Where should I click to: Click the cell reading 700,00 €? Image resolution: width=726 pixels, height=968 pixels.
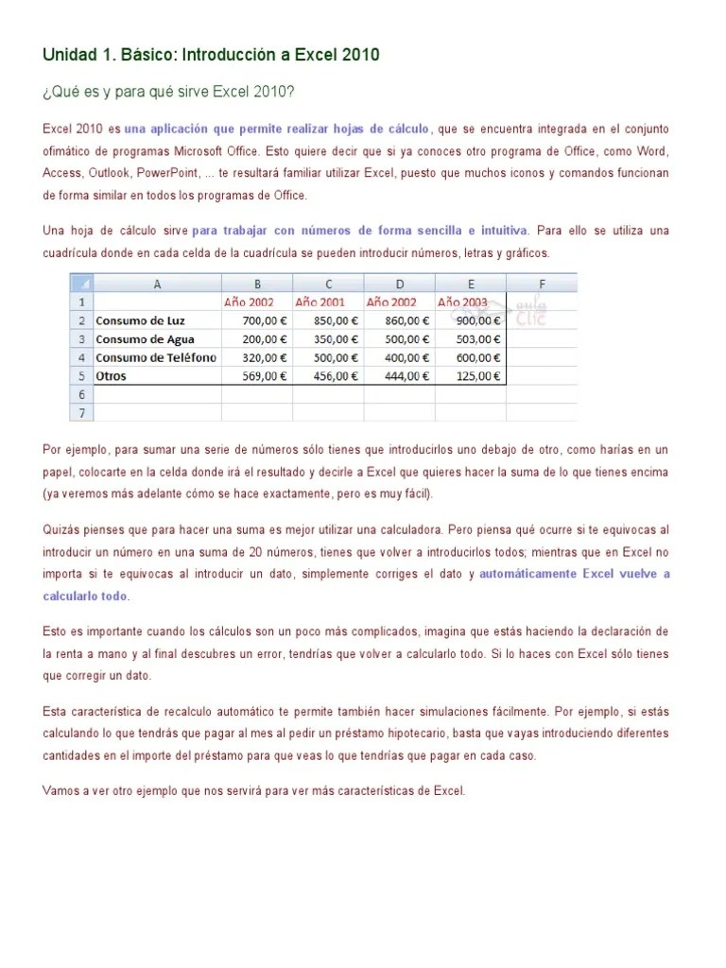click(x=257, y=320)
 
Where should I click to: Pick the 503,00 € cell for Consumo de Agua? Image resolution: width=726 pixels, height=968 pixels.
click(x=471, y=338)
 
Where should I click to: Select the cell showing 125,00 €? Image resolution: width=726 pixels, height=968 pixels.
click(x=471, y=375)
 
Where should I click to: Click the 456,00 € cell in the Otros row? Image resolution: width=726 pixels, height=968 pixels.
click(x=328, y=375)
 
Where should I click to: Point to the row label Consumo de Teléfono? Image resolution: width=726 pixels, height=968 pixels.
click(x=156, y=357)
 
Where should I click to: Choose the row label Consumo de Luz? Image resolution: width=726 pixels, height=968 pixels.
click(x=142, y=320)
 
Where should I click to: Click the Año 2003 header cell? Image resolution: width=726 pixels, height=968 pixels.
click(x=462, y=302)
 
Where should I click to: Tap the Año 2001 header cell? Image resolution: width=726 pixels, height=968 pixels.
click(x=320, y=302)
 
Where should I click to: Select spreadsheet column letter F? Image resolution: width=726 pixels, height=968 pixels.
click(x=542, y=284)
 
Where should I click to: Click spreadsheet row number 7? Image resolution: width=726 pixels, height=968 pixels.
click(x=81, y=412)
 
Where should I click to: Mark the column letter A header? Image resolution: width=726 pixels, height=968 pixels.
click(x=157, y=284)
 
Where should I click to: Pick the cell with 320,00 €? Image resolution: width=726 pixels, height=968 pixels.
click(x=257, y=357)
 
